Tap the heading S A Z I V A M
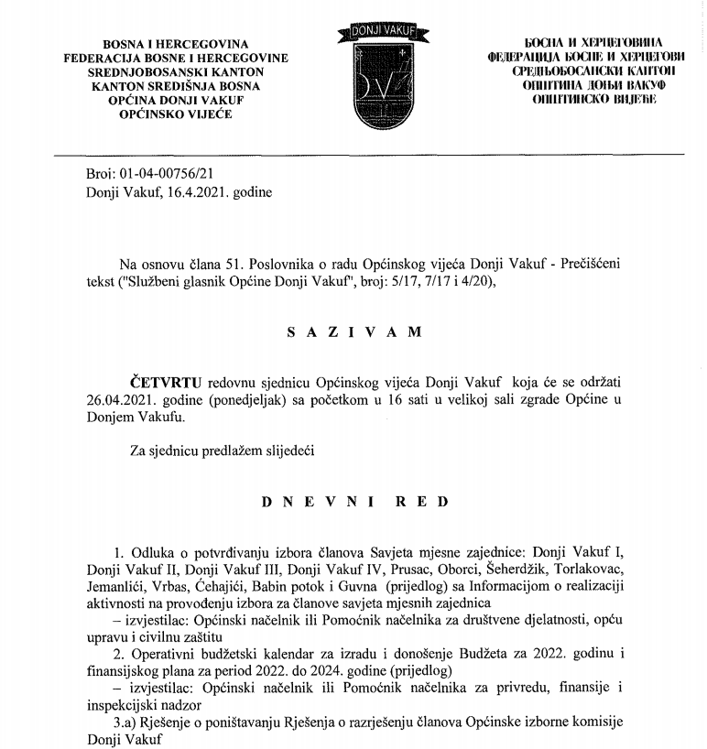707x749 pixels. pos(353,332)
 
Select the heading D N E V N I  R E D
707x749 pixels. pos(354,502)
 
